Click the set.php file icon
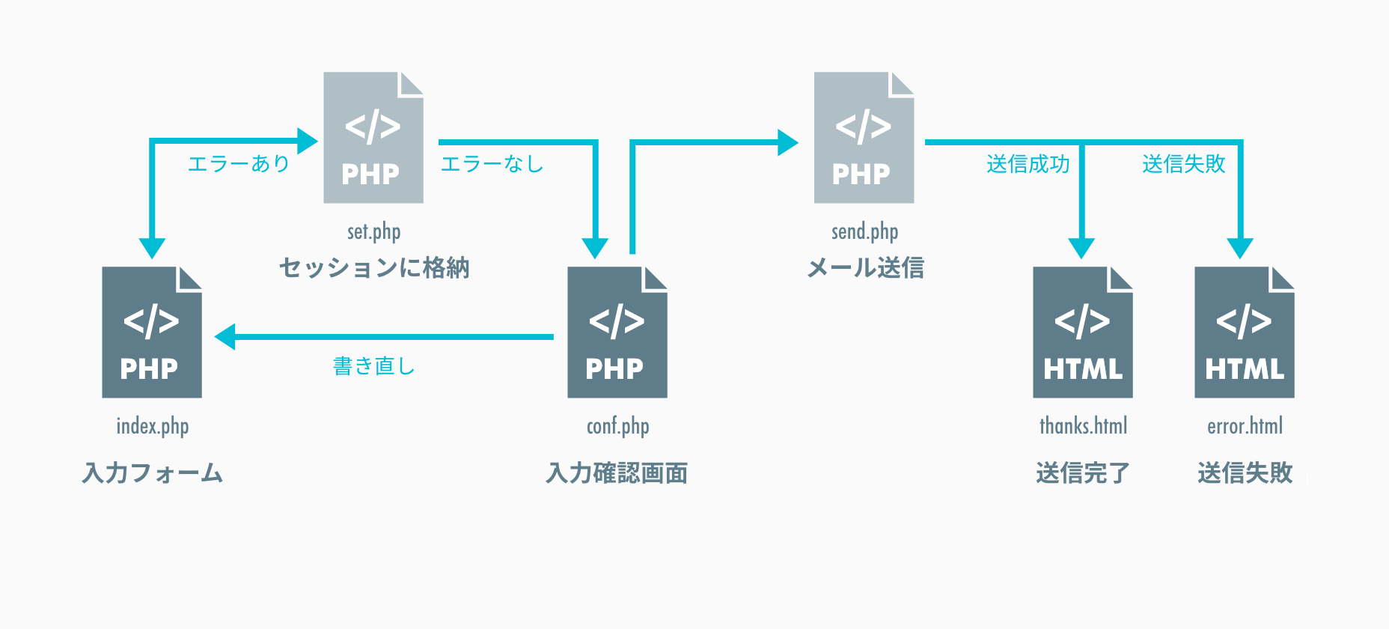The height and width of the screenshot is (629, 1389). pos(373,138)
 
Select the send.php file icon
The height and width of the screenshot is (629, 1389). pos(864,138)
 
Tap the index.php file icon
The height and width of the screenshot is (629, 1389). pos(152,332)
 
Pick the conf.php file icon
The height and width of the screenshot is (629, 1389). pos(617,332)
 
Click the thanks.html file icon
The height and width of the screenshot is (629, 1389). pos(1083,332)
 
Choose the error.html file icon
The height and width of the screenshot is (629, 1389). pos(1245,332)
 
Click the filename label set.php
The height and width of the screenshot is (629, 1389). pos(373,231)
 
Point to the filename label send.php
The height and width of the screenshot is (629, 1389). pos(864,231)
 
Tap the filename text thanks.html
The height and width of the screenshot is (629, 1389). pos(1083,426)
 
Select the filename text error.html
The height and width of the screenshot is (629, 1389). pos(1245,426)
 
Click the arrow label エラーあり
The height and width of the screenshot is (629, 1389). pos(239,163)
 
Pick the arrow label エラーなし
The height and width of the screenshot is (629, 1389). pos(492,163)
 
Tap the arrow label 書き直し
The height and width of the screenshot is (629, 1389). pos(373,365)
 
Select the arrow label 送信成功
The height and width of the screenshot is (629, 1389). pos(1028,163)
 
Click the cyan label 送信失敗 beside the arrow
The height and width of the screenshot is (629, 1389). pos(1183,163)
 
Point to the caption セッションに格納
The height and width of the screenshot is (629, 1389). pos(373,267)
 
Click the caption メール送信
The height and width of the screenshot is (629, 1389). pos(865,267)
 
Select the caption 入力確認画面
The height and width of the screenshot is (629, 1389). pos(617,472)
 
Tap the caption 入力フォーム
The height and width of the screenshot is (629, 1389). pos(152,472)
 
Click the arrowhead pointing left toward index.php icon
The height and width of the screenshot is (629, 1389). pos(225,337)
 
